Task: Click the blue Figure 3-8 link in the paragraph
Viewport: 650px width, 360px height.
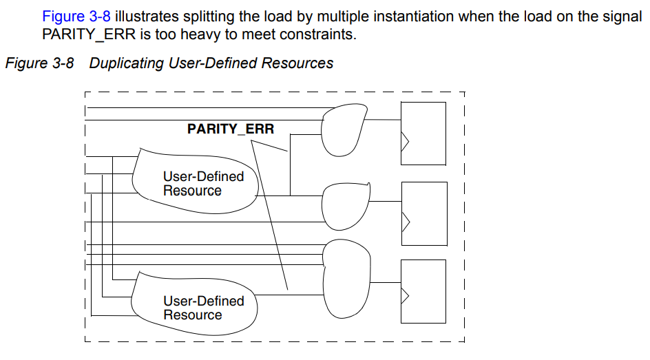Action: (76, 16)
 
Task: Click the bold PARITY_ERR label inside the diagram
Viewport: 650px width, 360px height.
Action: (230, 129)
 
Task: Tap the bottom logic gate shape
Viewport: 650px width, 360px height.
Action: (347, 275)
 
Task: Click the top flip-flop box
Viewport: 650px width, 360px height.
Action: (423, 133)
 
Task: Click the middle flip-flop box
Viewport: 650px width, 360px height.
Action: (423, 213)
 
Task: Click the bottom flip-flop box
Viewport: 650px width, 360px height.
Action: (423, 290)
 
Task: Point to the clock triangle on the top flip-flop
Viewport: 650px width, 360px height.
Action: (405, 141)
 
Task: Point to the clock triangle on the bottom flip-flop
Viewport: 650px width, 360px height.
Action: (405, 295)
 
